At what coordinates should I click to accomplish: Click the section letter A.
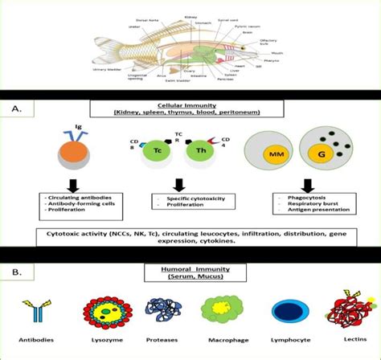click(x=18, y=106)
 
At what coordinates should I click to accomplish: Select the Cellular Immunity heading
click(x=189, y=105)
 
